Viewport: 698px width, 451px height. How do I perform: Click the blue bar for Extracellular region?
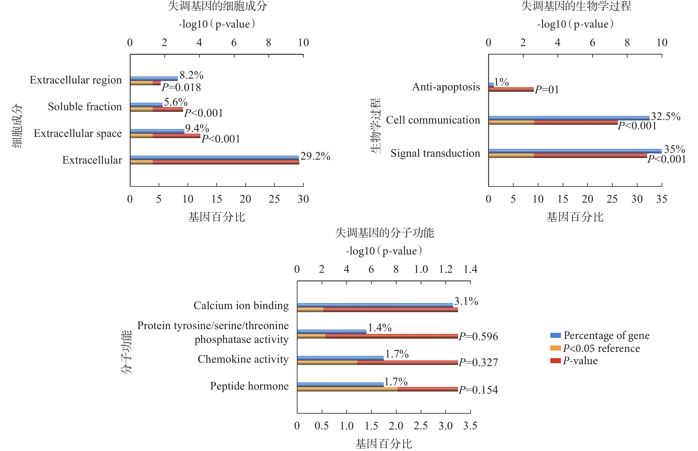(154, 78)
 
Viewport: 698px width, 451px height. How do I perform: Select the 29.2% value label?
(315, 156)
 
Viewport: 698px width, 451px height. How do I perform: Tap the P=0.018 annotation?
(181, 87)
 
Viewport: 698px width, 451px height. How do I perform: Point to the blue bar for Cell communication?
(569, 118)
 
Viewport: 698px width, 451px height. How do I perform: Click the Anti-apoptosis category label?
(446, 87)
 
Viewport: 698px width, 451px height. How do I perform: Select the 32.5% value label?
(665, 116)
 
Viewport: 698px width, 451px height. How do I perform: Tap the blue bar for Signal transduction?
(575, 151)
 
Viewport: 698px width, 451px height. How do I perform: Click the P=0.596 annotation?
(478, 336)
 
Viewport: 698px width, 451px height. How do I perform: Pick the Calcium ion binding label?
(241, 306)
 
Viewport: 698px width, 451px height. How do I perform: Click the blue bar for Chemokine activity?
(340, 358)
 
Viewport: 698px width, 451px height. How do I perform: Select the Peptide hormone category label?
(249, 386)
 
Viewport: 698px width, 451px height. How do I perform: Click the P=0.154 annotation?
(478, 390)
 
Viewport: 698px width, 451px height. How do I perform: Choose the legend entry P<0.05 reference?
(601, 348)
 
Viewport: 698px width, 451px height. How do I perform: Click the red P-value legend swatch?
(555, 360)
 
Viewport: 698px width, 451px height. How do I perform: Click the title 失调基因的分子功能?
(384, 233)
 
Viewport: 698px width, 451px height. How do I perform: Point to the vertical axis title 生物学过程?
(376, 126)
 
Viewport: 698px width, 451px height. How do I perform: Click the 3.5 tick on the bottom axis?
(470, 426)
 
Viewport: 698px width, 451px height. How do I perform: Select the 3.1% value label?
(466, 301)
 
